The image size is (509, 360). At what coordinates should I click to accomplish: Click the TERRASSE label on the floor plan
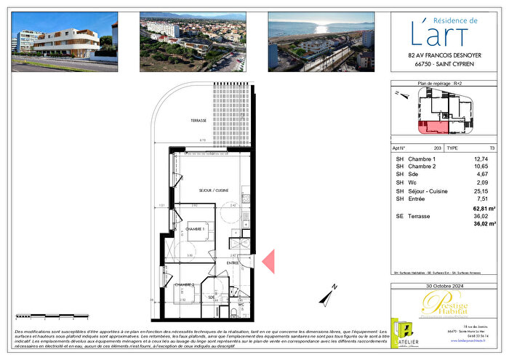[199, 120]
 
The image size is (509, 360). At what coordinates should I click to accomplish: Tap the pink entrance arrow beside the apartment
[268, 261]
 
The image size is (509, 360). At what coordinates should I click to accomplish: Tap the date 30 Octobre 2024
[444, 286]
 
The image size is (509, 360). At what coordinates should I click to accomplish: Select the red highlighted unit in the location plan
[433, 129]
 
